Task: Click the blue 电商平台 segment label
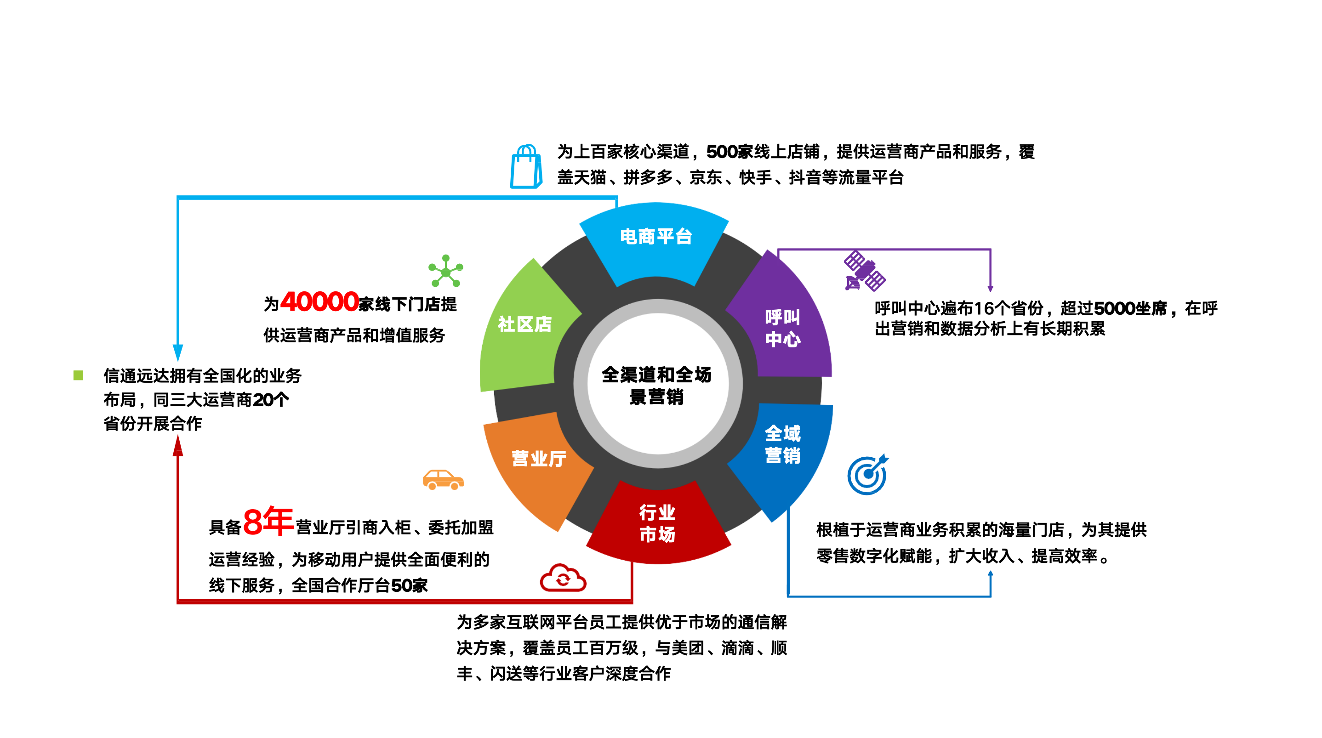[655, 237]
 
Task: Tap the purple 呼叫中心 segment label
[782, 328]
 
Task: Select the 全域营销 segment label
[782, 444]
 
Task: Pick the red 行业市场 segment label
[657, 523]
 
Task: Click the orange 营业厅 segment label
[538, 458]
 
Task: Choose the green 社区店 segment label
[524, 324]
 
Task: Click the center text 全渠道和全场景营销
[656, 386]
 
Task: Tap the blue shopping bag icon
[526, 167]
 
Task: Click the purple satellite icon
[864, 271]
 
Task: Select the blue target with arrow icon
[868, 474]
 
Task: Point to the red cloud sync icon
[563, 579]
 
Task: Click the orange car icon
[443, 480]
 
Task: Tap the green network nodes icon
[445, 271]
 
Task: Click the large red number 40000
[319, 302]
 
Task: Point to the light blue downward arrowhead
[178, 352]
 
